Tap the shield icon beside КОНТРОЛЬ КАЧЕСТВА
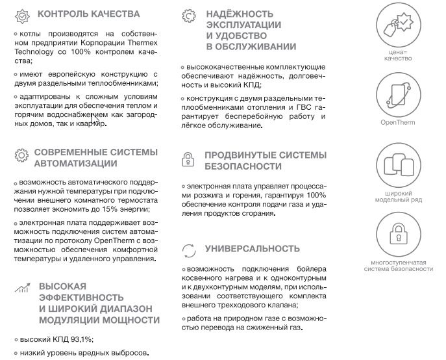coord(21,14)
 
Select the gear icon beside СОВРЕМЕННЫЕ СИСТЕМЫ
coord(21,155)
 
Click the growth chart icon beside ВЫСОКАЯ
coord(21,287)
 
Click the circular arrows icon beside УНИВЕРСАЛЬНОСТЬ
coord(188,250)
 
